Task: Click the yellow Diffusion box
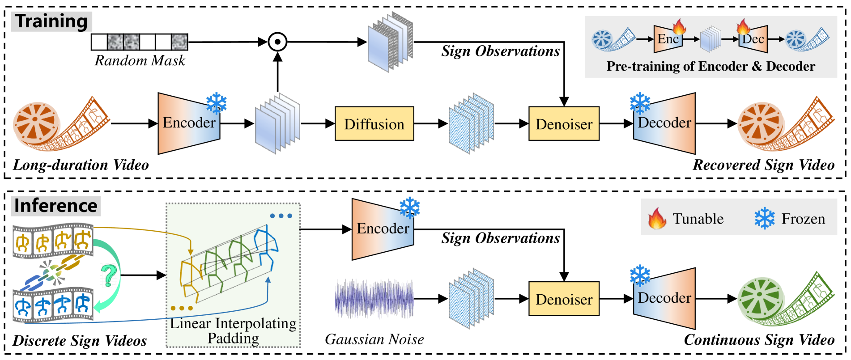click(x=374, y=124)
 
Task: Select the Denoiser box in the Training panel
click(x=564, y=124)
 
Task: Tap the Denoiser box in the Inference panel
click(x=564, y=299)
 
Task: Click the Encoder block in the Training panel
click(x=189, y=123)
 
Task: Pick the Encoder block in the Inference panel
click(x=383, y=229)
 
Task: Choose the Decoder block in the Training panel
click(x=664, y=123)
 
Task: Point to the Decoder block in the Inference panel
click(x=664, y=298)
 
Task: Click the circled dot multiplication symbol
click(x=277, y=42)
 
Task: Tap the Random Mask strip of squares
click(x=140, y=42)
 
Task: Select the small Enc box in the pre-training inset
click(x=668, y=39)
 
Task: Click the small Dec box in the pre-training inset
click(x=753, y=39)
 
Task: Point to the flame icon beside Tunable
click(x=657, y=218)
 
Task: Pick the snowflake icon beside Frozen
click(x=765, y=218)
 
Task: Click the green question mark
click(x=109, y=275)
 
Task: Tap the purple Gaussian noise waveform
click(x=374, y=299)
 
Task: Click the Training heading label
click(x=51, y=21)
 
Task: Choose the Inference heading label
click(x=56, y=206)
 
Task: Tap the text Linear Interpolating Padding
click(x=233, y=330)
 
